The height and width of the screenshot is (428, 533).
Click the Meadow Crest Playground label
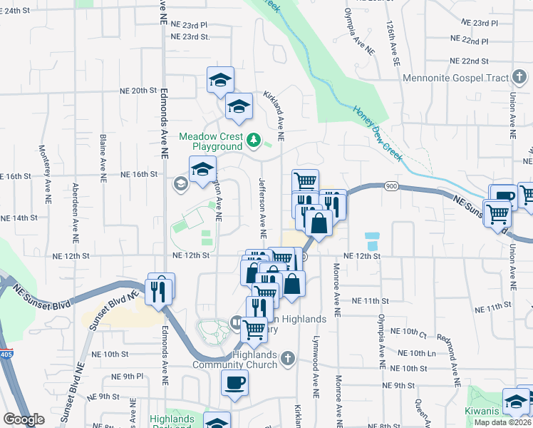[x=211, y=141]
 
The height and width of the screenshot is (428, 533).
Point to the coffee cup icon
[x=234, y=383]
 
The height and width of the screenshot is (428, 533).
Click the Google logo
[x=24, y=419]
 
